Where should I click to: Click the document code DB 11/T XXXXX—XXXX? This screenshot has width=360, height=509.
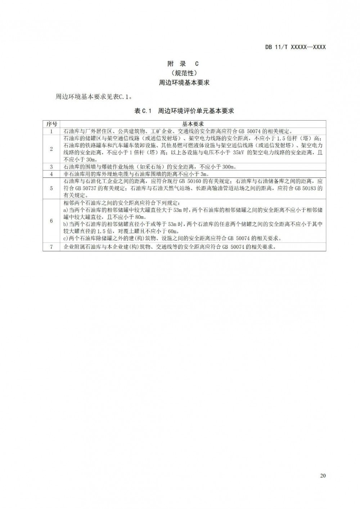[x=295, y=47]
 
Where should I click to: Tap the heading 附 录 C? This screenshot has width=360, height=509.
[x=184, y=64]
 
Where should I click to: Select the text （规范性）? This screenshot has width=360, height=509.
[x=184, y=73]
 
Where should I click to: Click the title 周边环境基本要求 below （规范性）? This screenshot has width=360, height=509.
[x=184, y=82]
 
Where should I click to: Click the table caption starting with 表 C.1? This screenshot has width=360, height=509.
[x=184, y=111]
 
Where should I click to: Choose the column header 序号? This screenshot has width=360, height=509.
[x=51, y=124]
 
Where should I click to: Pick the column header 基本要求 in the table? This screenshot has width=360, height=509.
[x=193, y=124]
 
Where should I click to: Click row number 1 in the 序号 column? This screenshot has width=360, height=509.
[x=51, y=131]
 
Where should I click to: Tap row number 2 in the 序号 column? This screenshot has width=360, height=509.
[x=51, y=149]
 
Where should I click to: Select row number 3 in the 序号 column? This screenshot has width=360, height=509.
[x=51, y=167]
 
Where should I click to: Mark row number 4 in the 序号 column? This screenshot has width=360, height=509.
[x=51, y=174]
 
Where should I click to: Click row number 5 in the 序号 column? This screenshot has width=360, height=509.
[x=51, y=188]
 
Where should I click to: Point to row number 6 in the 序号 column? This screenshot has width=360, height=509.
[x=51, y=221]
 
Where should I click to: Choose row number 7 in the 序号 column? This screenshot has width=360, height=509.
[x=51, y=247]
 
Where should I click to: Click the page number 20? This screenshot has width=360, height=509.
[x=323, y=476]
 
